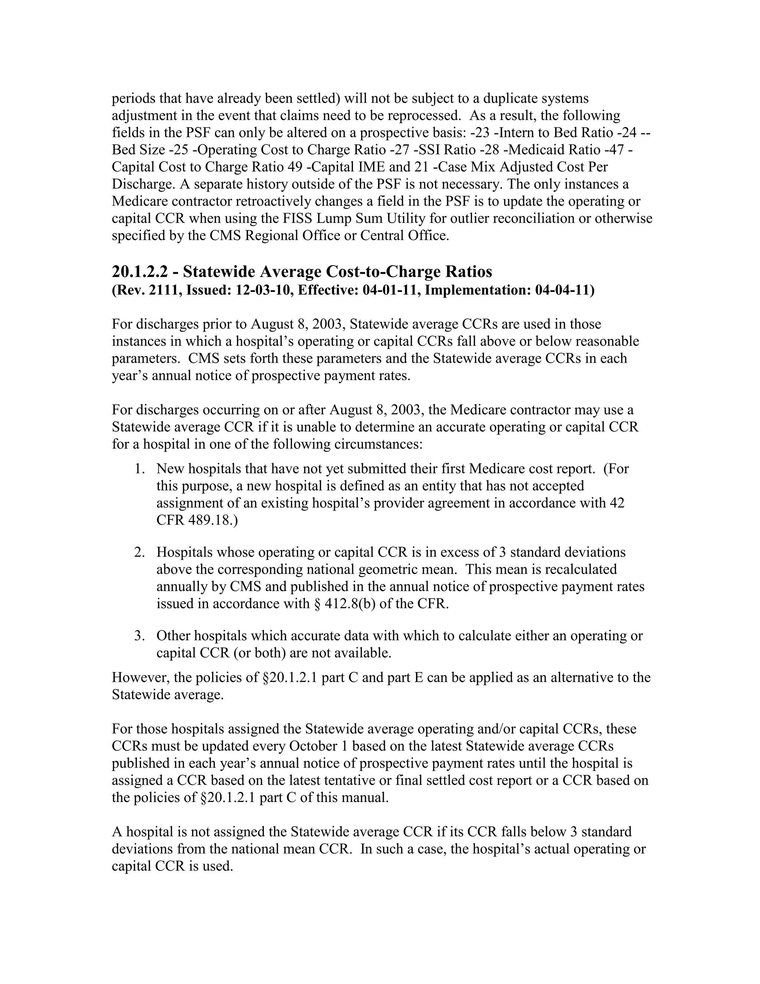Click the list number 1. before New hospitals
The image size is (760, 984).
click(139, 469)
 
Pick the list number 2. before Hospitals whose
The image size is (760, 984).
click(139, 553)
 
